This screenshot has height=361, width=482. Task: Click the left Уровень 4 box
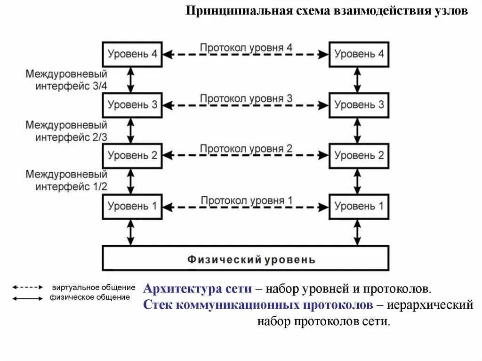click(x=132, y=54)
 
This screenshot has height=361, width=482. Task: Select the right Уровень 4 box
click(x=359, y=54)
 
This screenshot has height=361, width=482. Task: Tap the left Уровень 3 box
click(x=132, y=104)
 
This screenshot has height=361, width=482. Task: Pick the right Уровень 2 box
click(x=359, y=155)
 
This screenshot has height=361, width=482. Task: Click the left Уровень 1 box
click(x=132, y=206)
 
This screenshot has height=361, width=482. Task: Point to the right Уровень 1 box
click(x=359, y=206)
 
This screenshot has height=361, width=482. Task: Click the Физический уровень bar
click(x=246, y=259)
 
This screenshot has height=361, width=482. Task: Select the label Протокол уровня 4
click(x=246, y=48)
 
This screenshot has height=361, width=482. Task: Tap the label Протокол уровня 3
click(x=246, y=98)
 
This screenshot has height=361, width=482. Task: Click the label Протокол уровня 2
click(x=246, y=149)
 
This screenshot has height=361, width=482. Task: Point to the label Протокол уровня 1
click(x=246, y=200)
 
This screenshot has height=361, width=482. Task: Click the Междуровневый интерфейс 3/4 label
click(x=66, y=80)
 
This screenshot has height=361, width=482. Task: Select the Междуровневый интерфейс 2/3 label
click(x=66, y=131)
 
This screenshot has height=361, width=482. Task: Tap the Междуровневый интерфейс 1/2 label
click(x=66, y=180)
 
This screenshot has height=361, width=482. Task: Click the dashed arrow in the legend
click(x=27, y=287)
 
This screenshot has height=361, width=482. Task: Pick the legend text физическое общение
click(x=89, y=297)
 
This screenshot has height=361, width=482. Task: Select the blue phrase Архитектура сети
click(x=197, y=288)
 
